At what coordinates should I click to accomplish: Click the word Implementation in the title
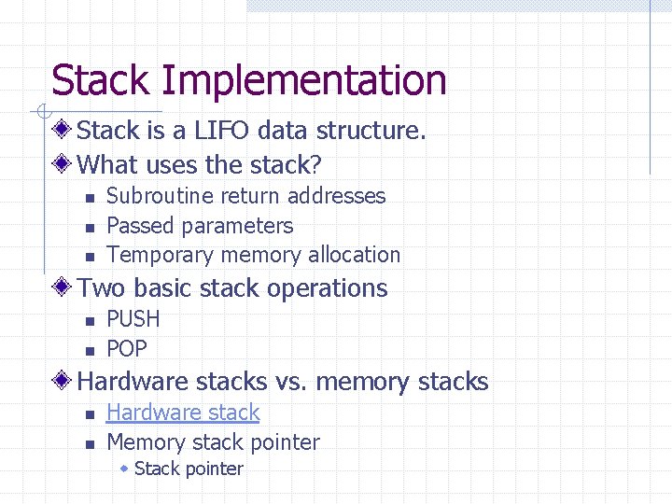point(304,81)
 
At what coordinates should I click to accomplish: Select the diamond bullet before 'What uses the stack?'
point(63,165)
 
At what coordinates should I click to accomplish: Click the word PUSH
point(133,319)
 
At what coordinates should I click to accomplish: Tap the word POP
point(127,349)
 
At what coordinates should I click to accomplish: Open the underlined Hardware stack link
point(183,413)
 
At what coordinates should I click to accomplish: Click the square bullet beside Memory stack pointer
point(89,443)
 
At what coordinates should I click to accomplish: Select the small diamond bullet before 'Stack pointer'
point(124,469)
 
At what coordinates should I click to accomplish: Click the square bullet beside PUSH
point(89,320)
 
